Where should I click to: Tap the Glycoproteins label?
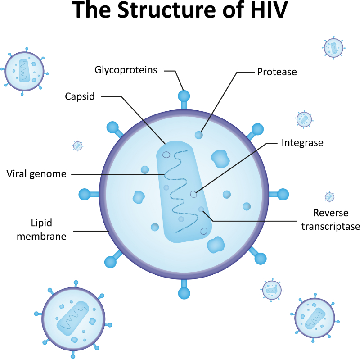126,70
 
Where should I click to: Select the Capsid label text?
80,96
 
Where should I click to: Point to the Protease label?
277,72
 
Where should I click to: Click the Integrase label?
302,143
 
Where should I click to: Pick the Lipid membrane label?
42,229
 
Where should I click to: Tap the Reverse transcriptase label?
331,220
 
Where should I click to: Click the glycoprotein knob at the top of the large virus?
184,96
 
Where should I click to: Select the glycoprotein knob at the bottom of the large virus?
184,293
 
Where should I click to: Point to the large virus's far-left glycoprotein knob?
85,195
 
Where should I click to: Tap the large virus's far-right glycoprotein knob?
283,195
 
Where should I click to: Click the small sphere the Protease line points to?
198,135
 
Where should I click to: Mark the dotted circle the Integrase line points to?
193,194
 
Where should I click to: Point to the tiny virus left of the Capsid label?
78,146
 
